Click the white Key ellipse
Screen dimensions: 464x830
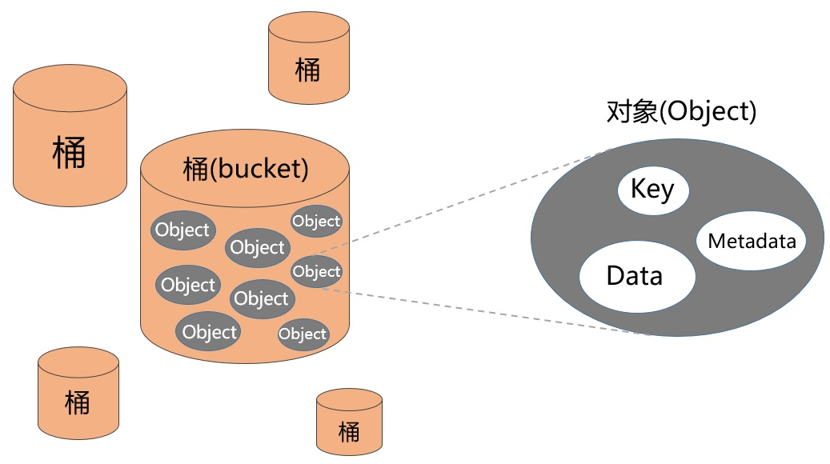(x=653, y=190)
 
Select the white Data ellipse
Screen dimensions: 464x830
(x=637, y=276)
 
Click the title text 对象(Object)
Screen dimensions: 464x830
(x=681, y=111)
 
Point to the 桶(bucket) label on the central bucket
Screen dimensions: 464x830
(x=245, y=169)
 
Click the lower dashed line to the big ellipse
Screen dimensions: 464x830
(x=480, y=312)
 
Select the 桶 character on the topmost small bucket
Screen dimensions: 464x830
(x=307, y=70)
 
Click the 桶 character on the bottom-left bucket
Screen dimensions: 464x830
(x=78, y=402)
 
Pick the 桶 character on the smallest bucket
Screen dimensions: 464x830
(x=349, y=431)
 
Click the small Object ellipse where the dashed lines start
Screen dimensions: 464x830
(x=316, y=272)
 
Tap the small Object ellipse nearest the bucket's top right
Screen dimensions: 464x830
(x=316, y=221)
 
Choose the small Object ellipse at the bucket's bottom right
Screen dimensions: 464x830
(x=303, y=334)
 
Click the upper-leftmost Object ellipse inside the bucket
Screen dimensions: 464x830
(x=182, y=230)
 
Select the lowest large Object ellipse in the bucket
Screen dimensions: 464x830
(x=210, y=331)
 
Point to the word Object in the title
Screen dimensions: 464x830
(x=708, y=111)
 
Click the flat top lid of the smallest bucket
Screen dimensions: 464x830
(x=349, y=399)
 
